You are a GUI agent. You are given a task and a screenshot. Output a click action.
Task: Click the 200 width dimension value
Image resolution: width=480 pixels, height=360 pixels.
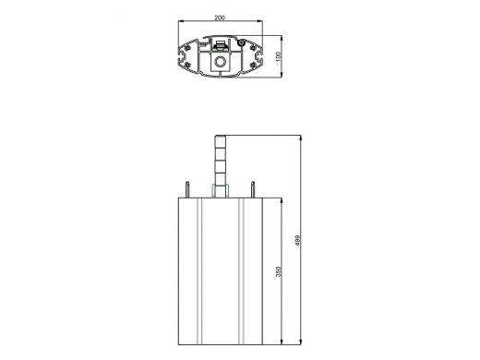pyautogui.click(x=219, y=18)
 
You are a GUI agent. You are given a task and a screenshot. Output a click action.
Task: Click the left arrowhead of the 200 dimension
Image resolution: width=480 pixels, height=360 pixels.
pyautogui.click(x=179, y=22)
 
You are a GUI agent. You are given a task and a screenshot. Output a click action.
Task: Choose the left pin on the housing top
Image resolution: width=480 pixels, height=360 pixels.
pyautogui.click(x=188, y=188)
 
